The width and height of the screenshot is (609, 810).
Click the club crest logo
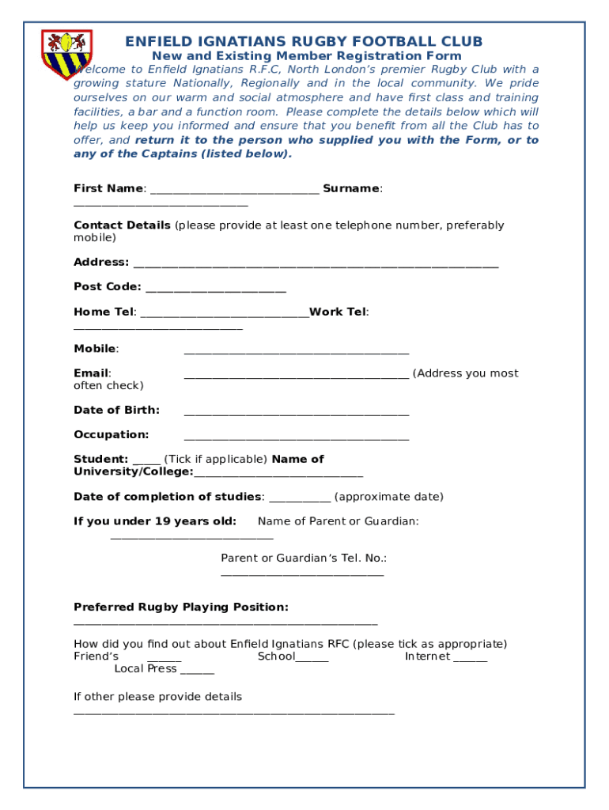pos(66,54)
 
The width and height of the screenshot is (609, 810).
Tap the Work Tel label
pos(339,312)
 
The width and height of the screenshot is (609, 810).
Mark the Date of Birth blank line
pos(297,412)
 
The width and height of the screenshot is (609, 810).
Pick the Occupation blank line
pos(297,437)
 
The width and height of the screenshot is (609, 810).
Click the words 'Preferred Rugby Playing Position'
pos(180,607)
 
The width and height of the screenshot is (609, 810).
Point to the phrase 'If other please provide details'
pos(157,697)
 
